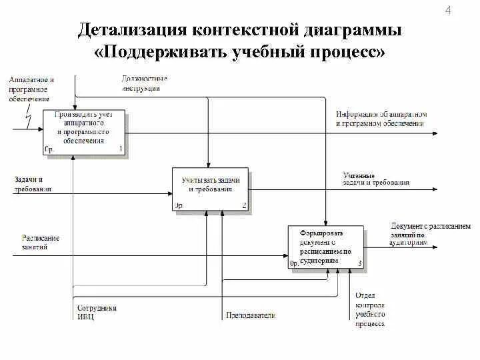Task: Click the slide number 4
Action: [447, 10]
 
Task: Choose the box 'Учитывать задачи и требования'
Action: [210, 189]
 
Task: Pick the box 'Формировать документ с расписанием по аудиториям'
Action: [326, 247]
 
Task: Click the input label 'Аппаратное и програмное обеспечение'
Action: [31, 89]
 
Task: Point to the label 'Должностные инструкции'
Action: [144, 83]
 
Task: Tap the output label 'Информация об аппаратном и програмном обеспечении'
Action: [381, 119]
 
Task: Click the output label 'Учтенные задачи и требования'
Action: [376, 179]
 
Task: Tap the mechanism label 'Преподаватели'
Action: [251, 315]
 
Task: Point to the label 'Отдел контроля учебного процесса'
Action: [370, 309]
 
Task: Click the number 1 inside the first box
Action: [121, 149]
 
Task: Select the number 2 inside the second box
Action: [244, 206]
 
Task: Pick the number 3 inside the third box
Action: [360, 264]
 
